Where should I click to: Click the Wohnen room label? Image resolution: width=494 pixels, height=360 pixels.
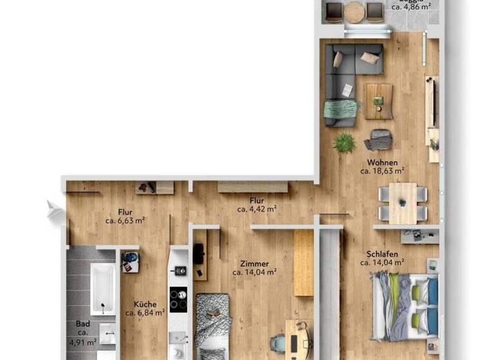tap(382, 163)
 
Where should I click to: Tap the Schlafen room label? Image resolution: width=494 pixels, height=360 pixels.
tap(381, 253)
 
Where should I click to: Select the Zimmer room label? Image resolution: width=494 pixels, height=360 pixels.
tap(254, 264)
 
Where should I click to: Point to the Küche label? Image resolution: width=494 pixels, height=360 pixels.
tap(145, 305)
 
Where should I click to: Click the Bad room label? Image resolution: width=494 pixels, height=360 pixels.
tap(82, 324)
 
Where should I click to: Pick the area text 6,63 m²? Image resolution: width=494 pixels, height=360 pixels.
tap(125, 220)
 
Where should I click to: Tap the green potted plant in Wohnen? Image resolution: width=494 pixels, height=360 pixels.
tap(345, 142)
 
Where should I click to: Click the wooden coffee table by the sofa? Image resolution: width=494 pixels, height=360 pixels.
tap(379, 102)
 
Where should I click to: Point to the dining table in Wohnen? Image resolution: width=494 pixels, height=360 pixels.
tap(403, 203)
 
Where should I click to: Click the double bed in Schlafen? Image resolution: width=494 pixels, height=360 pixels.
tap(403, 305)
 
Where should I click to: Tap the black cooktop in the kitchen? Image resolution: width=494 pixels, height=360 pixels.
tap(178, 299)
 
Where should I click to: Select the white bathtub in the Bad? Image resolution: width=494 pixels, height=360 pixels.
tap(102, 288)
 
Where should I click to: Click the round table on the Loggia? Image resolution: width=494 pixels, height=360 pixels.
tap(354, 11)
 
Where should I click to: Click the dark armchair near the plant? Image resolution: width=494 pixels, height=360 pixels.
tap(380, 139)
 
